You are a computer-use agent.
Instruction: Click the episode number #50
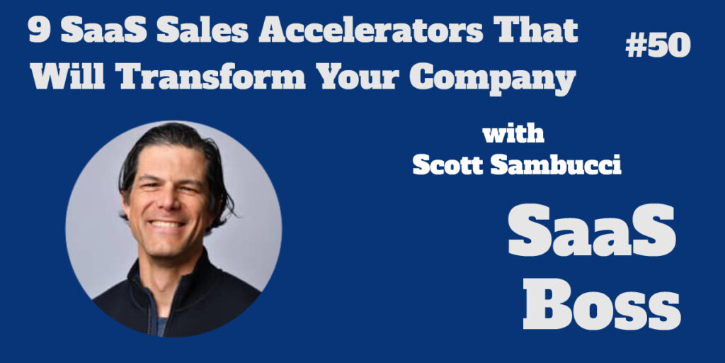[x=658, y=46]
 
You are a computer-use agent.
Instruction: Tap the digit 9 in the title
[x=39, y=32]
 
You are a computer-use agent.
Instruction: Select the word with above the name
[x=513, y=135]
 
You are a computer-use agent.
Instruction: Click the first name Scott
[x=447, y=165]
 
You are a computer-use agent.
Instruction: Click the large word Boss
[x=602, y=303]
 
